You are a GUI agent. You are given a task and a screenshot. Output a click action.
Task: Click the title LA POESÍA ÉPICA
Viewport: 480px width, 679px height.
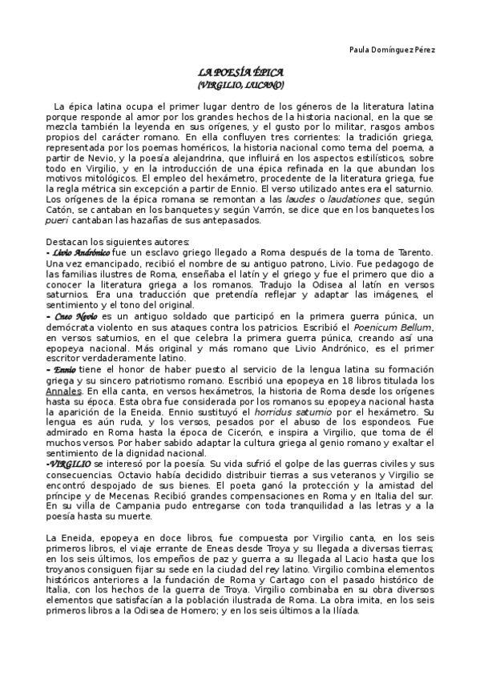[240, 72]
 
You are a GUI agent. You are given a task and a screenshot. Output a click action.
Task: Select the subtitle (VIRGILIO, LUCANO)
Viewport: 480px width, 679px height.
[240, 83]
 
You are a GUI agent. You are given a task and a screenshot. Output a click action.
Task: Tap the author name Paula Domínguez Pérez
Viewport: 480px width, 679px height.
[393, 50]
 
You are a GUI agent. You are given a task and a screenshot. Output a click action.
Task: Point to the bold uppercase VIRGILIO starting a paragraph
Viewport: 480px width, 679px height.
[71, 464]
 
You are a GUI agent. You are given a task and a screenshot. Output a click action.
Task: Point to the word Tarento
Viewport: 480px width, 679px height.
[410, 253]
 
